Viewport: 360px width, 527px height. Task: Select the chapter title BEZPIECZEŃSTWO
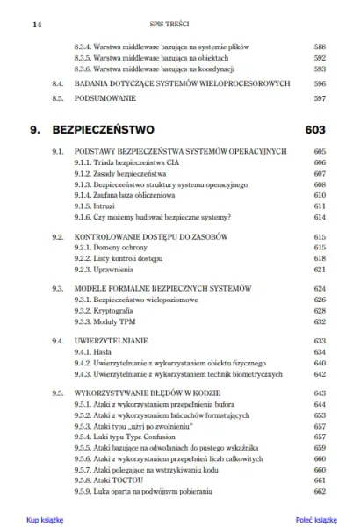pyautogui.click(x=104, y=130)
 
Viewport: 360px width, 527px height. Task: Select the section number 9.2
pyautogui.click(x=58, y=238)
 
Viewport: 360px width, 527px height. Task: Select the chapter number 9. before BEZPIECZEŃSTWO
pyautogui.click(x=36, y=130)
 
